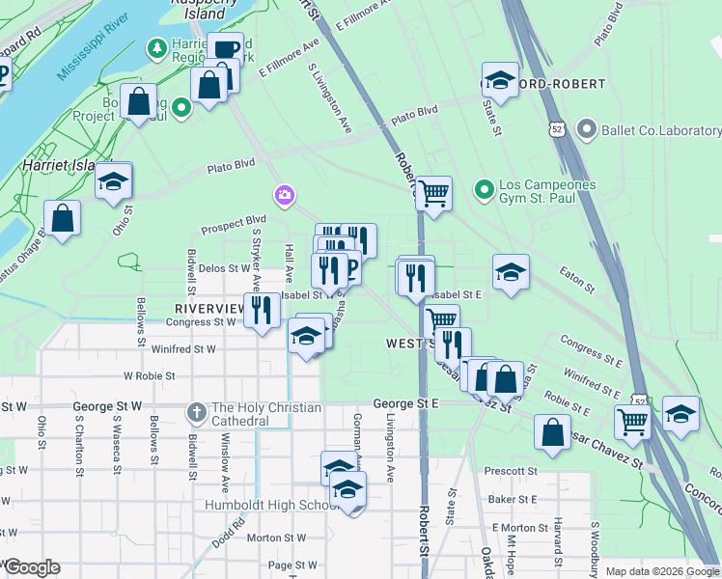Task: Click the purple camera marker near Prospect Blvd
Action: click(x=284, y=197)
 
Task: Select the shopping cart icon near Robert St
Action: click(x=433, y=193)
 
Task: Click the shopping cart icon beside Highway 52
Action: click(x=633, y=420)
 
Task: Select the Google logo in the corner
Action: click(x=32, y=567)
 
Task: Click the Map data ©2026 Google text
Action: click(x=661, y=571)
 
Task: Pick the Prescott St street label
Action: click(x=512, y=472)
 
